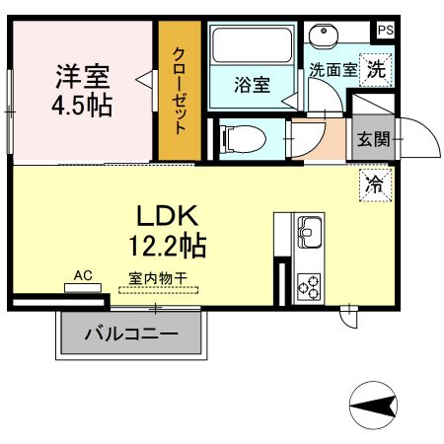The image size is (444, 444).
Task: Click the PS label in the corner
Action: [x=384, y=31]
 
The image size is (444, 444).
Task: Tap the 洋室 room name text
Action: [x=82, y=75]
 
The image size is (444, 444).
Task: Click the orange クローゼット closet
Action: [x=181, y=92]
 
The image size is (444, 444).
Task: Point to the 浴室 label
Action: [x=252, y=85]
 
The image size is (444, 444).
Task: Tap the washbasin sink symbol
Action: [x=323, y=37]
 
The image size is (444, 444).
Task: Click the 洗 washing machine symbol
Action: [x=375, y=68]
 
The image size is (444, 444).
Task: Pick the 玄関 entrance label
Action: [x=373, y=138]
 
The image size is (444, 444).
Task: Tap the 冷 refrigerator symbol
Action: [x=375, y=183]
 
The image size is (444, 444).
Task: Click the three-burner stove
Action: [x=309, y=285]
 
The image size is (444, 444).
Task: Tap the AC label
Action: [x=83, y=277]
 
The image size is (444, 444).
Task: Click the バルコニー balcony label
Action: [x=131, y=334]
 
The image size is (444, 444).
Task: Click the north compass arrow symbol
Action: [x=374, y=404]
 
